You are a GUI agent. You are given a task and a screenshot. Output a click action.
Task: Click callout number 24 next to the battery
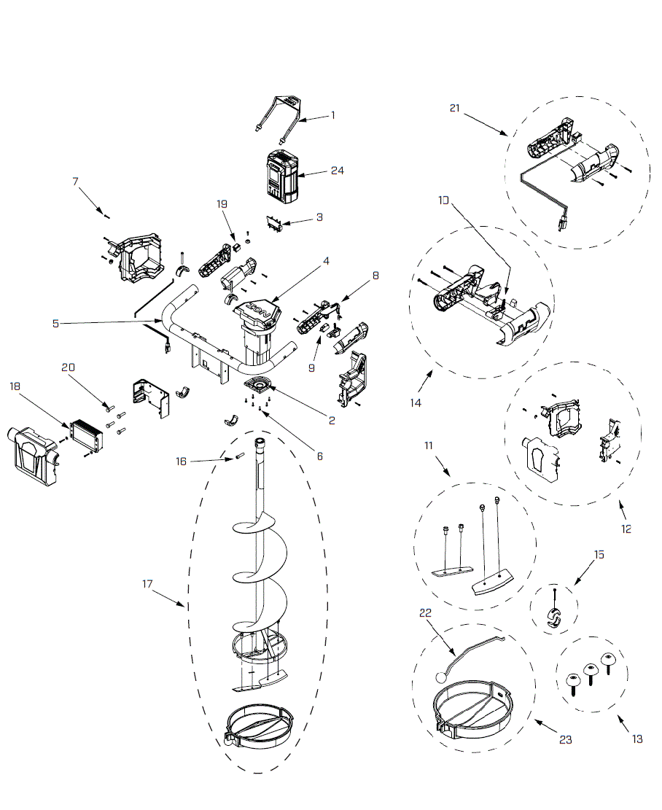click(337, 171)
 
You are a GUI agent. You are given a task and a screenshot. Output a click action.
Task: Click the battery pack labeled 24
click(283, 177)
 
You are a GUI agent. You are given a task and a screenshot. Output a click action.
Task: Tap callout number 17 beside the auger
click(148, 583)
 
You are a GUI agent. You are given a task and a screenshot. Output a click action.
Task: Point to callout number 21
click(455, 109)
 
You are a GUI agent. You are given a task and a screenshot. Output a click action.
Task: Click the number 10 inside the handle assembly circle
click(445, 199)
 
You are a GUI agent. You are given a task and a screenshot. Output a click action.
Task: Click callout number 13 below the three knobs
click(637, 739)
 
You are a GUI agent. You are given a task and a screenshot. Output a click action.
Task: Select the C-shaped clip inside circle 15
click(555, 616)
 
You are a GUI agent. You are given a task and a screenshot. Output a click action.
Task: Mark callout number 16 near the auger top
click(181, 461)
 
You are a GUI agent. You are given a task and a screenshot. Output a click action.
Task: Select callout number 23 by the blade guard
click(566, 739)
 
